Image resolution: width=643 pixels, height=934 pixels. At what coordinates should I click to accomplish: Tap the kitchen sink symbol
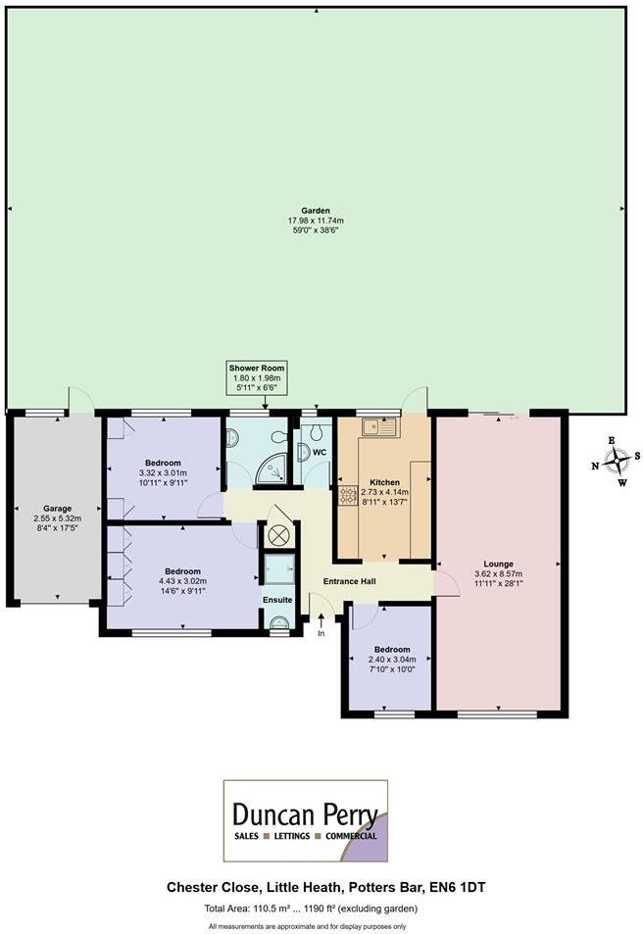click(x=377, y=426)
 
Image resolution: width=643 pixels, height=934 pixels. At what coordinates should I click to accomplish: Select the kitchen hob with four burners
click(x=347, y=496)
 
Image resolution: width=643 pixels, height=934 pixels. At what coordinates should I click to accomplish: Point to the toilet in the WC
click(x=316, y=432)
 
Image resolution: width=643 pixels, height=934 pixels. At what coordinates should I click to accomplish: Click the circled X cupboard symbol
click(x=278, y=535)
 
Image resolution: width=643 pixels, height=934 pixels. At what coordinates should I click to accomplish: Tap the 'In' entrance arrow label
click(x=321, y=633)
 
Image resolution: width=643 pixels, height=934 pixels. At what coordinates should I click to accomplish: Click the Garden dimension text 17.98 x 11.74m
click(x=316, y=221)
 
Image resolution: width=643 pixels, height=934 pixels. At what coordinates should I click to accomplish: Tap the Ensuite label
click(x=276, y=599)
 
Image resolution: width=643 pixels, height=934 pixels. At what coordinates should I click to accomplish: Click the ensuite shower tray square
click(x=277, y=569)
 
